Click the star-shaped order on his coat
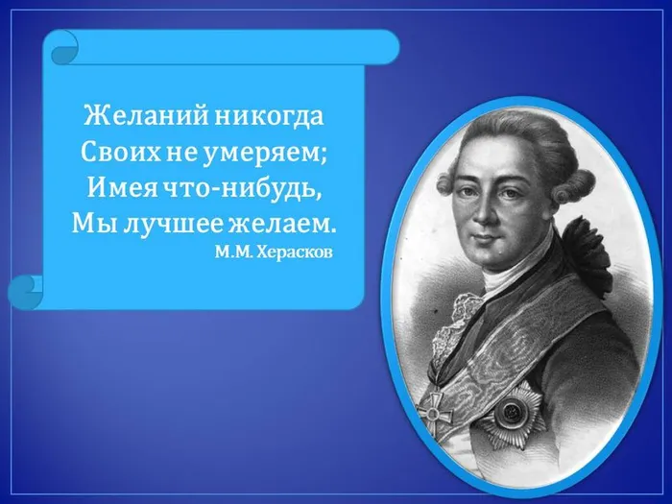(511, 413)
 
